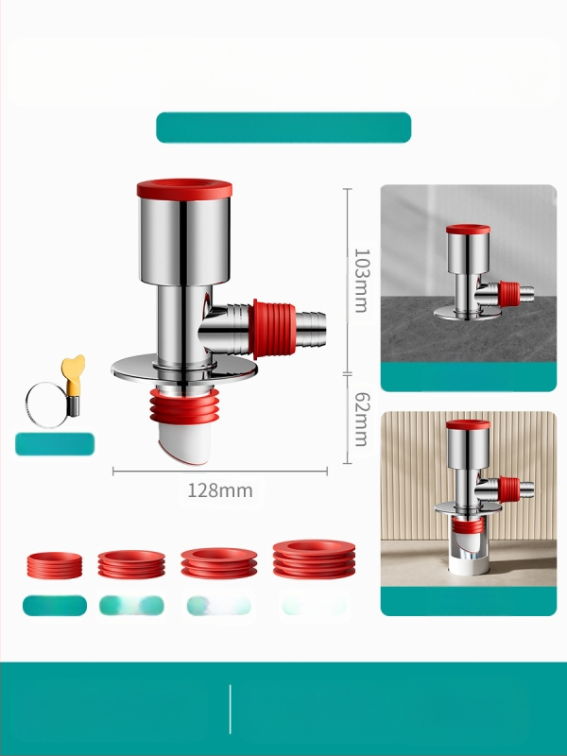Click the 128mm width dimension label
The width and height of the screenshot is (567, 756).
pyautogui.click(x=220, y=490)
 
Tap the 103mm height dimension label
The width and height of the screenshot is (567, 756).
pyautogui.click(x=362, y=281)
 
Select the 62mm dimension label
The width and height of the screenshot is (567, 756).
pyautogui.click(x=362, y=419)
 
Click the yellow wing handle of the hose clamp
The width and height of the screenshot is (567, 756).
pyautogui.click(x=74, y=369)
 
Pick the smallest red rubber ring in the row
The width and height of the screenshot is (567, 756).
pyautogui.click(x=55, y=565)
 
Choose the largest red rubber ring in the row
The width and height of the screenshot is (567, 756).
pyautogui.click(x=314, y=558)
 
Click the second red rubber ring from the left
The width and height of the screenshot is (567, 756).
pyautogui.click(x=131, y=563)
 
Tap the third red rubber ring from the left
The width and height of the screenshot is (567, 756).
pyautogui.click(x=219, y=562)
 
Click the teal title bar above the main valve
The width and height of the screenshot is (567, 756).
pyautogui.click(x=283, y=128)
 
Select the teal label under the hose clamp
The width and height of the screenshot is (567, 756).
pyautogui.click(x=55, y=444)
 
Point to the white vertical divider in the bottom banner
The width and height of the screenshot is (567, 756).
pyautogui.click(x=231, y=709)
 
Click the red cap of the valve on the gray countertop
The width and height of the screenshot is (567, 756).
pyautogui.click(x=468, y=229)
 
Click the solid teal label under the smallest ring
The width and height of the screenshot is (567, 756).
pyautogui.click(x=55, y=606)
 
